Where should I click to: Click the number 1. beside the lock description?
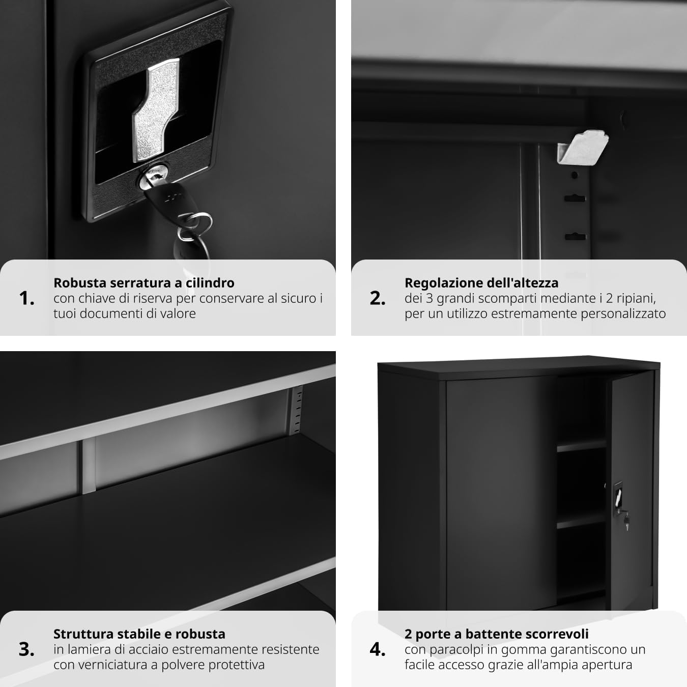26,298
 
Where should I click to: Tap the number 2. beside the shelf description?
378,298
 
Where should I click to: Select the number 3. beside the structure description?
26,649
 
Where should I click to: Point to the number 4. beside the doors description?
378,649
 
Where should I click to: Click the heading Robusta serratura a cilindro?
144,283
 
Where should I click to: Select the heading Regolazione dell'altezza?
481,283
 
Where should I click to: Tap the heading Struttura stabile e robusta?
139,634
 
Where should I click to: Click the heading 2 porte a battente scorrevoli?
497,634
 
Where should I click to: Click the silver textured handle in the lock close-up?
156,109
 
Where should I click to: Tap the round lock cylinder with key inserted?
154,176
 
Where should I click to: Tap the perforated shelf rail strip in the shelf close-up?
296,410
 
